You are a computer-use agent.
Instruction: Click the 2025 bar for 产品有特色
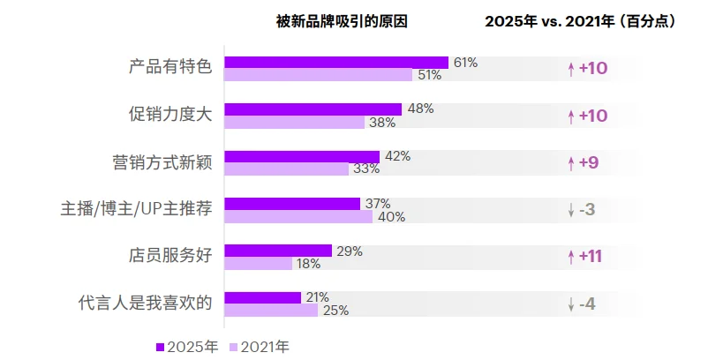336,63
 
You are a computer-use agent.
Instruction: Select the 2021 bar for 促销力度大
294,123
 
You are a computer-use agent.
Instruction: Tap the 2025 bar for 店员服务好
278,251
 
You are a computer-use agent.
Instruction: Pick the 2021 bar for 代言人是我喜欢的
271,311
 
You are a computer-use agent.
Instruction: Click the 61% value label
465,63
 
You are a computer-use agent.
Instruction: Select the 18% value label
308,264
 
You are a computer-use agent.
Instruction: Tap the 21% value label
317,297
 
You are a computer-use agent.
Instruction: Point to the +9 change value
588,162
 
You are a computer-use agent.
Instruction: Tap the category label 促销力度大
170,116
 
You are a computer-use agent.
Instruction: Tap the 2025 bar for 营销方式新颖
302,156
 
